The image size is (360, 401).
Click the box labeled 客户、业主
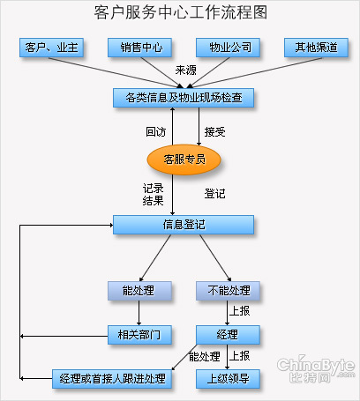[51, 48]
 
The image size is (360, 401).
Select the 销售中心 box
[139, 48]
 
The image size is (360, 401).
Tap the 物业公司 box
[228, 48]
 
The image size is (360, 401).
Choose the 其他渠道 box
[316, 48]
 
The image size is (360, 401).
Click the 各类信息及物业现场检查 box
[184, 98]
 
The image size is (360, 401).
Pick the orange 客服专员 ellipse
[184, 160]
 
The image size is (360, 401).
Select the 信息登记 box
[184, 225]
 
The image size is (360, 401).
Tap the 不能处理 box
[228, 291]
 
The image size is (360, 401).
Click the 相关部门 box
[139, 335]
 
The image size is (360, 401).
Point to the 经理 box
[228, 335]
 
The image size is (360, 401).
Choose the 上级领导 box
[228, 379]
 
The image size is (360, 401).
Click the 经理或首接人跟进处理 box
[112, 379]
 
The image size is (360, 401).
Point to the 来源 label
[185, 71]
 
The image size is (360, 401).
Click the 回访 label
[156, 131]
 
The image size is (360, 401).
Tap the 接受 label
[214, 131]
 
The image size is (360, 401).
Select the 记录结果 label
[153, 195]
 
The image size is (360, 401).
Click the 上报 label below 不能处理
[239, 311]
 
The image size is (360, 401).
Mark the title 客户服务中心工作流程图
[181, 12]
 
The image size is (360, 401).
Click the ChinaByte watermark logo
[316, 369]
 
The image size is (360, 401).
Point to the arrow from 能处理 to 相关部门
[139, 313]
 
